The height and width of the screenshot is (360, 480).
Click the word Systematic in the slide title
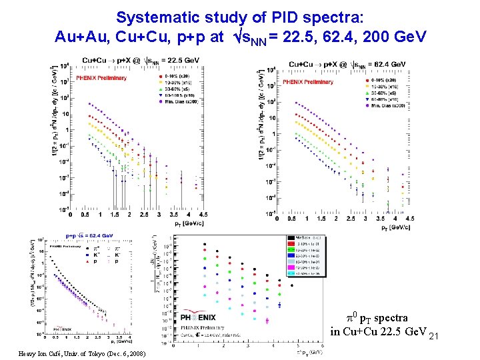(x=148, y=16)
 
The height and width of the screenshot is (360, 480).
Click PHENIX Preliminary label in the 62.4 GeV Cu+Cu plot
(x=306, y=81)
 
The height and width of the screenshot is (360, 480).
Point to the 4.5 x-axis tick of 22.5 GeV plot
(x=202, y=215)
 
